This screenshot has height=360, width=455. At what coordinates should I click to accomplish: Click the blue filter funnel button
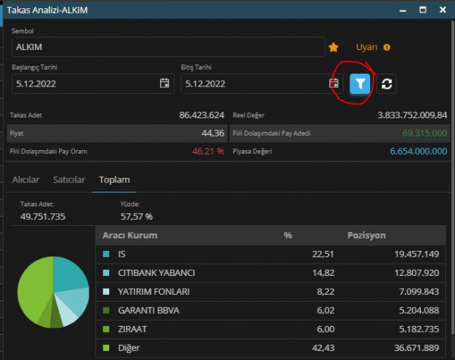tap(359, 84)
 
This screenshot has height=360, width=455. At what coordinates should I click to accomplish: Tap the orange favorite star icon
tap(334, 47)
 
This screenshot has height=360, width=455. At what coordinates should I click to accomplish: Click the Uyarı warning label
tap(367, 47)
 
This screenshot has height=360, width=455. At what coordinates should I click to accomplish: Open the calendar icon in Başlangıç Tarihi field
tap(165, 83)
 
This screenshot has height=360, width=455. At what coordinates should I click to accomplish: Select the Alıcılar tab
tap(26, 180)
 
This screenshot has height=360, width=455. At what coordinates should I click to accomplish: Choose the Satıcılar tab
tap(69, 180)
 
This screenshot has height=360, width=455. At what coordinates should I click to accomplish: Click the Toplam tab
tap(115, 180)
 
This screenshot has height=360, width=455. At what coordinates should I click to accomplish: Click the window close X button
tap(443, 10)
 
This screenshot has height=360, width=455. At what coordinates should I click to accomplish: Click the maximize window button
tap(423, 10)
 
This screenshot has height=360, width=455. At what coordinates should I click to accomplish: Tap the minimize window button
tap(403, 11)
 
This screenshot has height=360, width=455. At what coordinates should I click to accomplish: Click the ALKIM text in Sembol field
tap(29, 47)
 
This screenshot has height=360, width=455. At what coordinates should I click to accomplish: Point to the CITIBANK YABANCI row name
tap(156, 273)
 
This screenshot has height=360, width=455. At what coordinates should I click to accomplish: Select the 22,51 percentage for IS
tap(323, 254)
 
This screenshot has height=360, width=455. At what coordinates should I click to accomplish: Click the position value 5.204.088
tap(419, 311)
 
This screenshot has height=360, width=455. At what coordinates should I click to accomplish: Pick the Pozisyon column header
tap(366, 235)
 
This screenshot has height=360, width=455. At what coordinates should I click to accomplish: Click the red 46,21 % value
tap(208, 151)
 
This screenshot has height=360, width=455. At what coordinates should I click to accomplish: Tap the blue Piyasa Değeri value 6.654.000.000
tap(419, 151)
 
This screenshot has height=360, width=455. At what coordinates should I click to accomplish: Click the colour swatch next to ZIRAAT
tap(106, 329)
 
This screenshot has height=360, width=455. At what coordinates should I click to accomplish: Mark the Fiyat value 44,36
tap(213, 133)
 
